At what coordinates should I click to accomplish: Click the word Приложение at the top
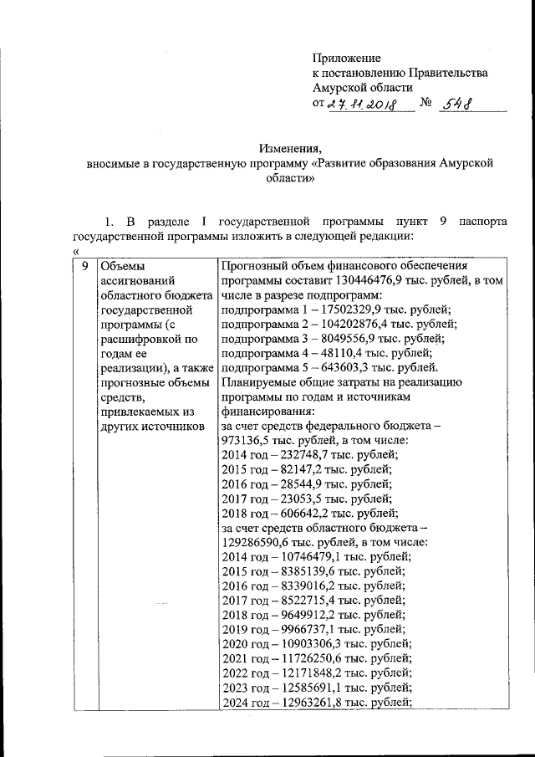pyautogui.click(x=346, y=58)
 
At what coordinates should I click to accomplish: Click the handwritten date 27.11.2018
pyautogui.click(x=360, y=105)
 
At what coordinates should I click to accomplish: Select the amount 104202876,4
pyautogui.click(x=354, y=324)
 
